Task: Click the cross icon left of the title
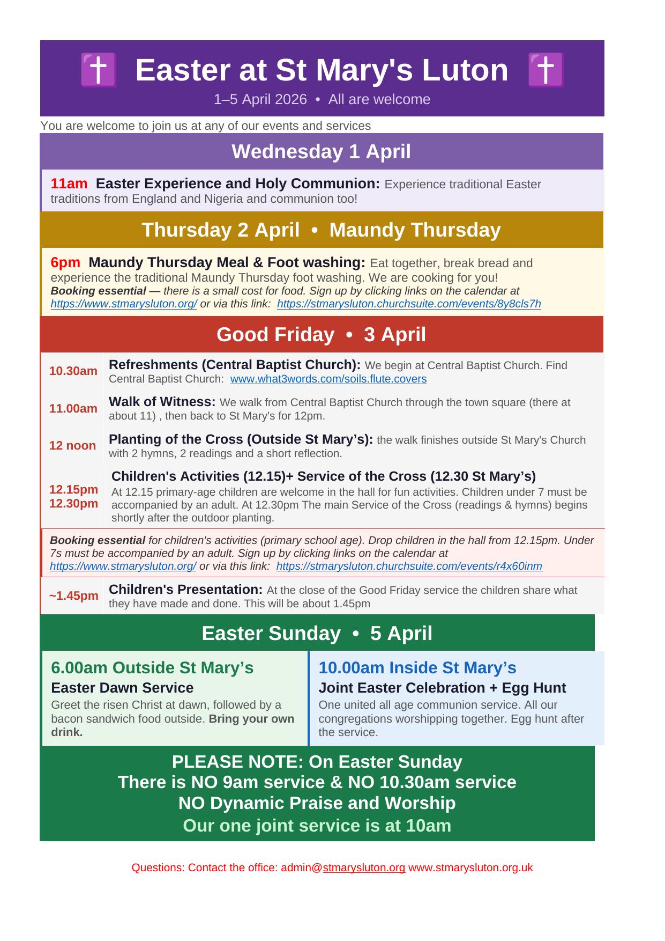[x=99, y=70]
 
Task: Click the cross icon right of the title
[x=546, y=70]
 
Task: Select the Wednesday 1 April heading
[x=321, y=152]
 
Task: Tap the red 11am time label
[x=69, y=184]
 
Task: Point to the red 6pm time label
[x=65, y=263]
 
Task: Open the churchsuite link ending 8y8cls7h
[x=409, y=304]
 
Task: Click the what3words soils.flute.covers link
[x=328, y=379]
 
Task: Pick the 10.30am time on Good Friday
[x=73, y=371]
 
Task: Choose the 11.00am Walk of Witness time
[x=73, y=409]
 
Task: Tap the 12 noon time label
[x=72, y=446]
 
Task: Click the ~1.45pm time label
[x=74, y=596]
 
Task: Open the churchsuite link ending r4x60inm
[x=409, y=567]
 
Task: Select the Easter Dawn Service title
[x=122, y=688]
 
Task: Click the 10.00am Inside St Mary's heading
[x=417, y=668]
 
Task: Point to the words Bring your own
[x=251, y=719]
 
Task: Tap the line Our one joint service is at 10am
[x=317, y=825]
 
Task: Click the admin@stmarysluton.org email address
[x=343, y=868]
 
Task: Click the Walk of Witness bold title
[x=162, y=402]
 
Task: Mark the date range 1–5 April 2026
[x=260, y=100]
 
